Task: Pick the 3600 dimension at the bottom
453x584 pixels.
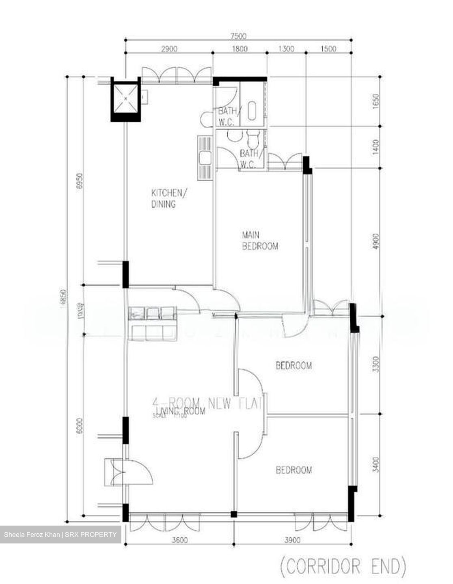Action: tap(179, 540)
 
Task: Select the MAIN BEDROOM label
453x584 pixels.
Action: tap(260, 240)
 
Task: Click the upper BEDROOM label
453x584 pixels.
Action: tap(294, 365)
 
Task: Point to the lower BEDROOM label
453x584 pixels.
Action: tap(294, 470)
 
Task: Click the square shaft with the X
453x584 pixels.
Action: tap(125, 98)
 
